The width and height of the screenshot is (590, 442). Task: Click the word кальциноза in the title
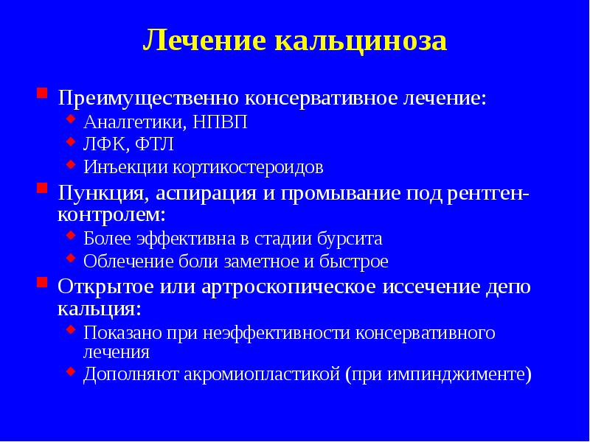pyautogui.click(x=361, y=41)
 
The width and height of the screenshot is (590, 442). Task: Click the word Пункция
pyautogui.click(x=103, y=193)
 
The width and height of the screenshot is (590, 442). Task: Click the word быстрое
pyautogui.click(x=351, y=262)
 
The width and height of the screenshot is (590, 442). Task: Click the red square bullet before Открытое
pyautogui.click(x=43, y=284)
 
